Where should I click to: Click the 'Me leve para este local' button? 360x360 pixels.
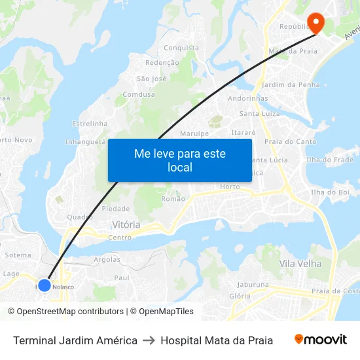(180, 160)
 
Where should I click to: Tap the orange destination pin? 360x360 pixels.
(315, 23)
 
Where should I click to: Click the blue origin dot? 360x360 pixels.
(44, 285)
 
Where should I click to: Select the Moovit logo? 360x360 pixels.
(321, 340)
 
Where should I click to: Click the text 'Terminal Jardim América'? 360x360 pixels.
(75, 340)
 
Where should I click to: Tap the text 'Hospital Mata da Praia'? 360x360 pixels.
(217, 340)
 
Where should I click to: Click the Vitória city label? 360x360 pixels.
(126, 225)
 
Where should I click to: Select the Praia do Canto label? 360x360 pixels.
(290, 141)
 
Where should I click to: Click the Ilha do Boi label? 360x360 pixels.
(330, 192)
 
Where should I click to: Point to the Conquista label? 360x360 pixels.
(181, 48)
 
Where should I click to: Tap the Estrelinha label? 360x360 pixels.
(89, 123)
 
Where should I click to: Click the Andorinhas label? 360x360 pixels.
(248, 99)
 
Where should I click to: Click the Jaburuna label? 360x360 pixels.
(253, 285)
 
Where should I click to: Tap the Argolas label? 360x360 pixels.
(107, 259)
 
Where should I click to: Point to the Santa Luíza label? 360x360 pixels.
(260, 113)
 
